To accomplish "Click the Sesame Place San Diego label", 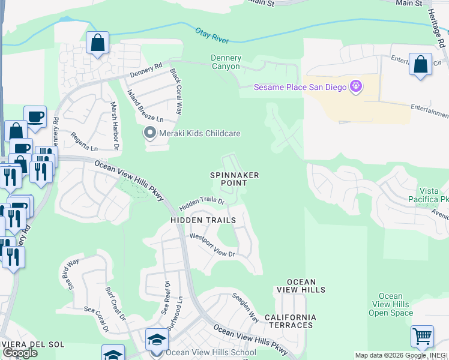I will [x=300, y=87].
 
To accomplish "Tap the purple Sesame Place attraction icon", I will [x=356, y=87].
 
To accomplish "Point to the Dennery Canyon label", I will [x=226, y=62].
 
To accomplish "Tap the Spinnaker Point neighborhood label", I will [x=234, y=179].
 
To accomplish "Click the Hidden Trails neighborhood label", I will [x=203, y=221].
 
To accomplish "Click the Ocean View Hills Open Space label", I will [x=391, y=304].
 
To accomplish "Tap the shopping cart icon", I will [x=423, y=337].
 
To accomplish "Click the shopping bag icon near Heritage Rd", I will [x=421, y=64].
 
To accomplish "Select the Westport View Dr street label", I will [x=212, y=245].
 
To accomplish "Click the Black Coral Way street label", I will [x=175, y=91].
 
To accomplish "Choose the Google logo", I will [x=20, y=353].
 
